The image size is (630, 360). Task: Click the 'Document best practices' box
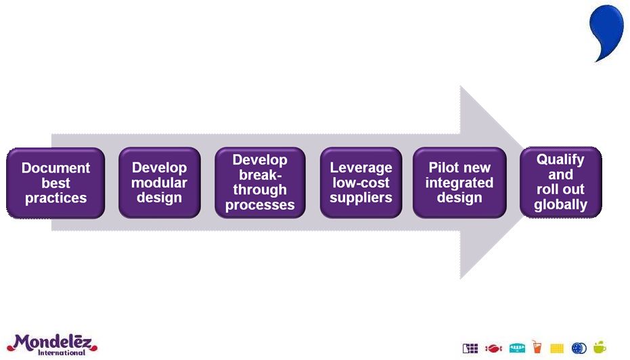55,183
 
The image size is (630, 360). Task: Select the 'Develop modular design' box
159,183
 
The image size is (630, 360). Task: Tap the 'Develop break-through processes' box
260,183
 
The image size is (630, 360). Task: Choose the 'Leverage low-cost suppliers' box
361,183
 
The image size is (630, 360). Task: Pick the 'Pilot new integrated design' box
459,183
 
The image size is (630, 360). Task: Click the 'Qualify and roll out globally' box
560,182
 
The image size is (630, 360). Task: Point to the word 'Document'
55,168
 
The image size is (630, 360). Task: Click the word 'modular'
159,183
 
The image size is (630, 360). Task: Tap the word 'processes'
260,205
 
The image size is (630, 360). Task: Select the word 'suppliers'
361,198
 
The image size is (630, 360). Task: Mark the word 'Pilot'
443,168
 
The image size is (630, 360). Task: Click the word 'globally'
560,204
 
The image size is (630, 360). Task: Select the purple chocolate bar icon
470,348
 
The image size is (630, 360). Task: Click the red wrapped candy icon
493,348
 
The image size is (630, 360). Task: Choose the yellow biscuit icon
557,348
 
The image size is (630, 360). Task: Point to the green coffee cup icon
600,347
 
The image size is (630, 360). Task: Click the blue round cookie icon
579,348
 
